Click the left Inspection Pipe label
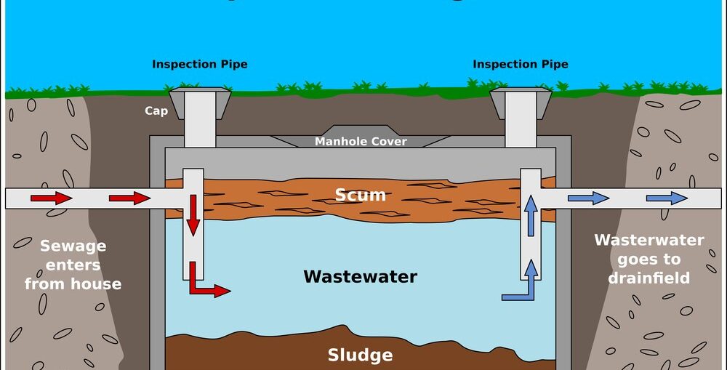199,64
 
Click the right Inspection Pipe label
520,64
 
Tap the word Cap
156,111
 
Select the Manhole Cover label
361,141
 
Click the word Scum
360,195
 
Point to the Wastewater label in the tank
360,276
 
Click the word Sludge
360,355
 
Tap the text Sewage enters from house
73,265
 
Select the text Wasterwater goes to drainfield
648,259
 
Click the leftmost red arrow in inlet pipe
52,198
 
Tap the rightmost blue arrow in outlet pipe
667,198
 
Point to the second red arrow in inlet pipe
129,198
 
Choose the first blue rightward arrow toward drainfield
589,198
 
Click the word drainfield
648,278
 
